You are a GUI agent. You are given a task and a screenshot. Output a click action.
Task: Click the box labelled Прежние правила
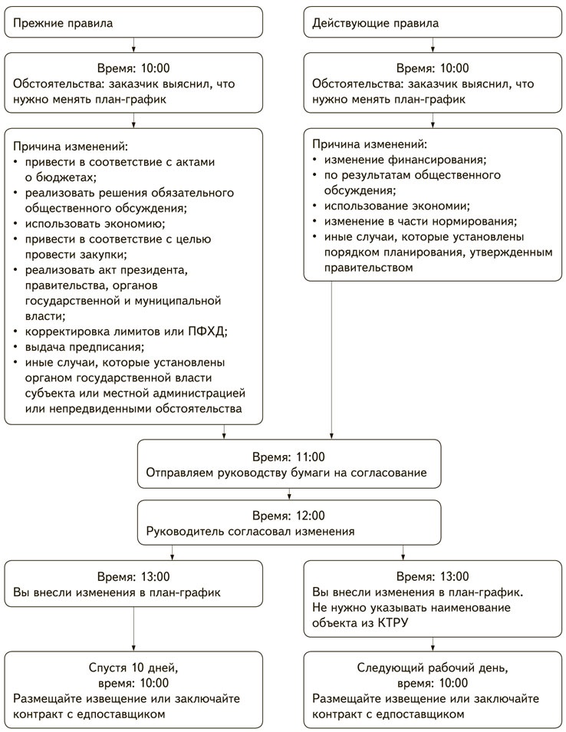pos(133,22)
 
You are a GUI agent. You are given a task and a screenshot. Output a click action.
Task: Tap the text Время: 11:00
pos(289,455)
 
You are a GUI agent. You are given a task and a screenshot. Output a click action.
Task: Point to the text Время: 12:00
pos(289,515)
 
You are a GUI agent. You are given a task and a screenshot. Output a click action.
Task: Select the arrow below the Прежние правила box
pos(133,44)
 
